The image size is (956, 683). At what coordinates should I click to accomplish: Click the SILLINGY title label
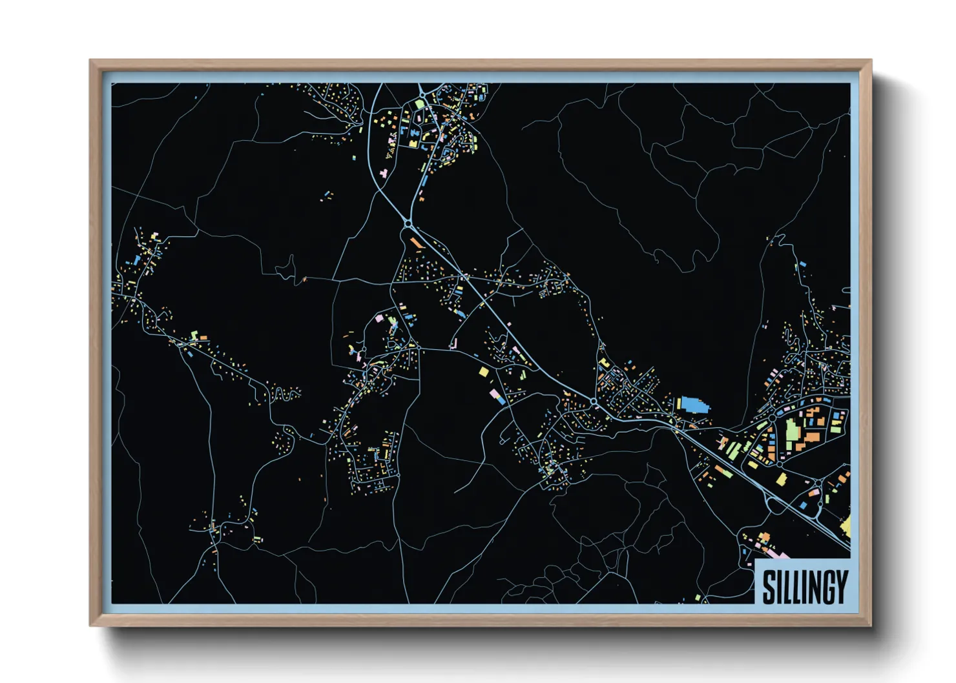pos(804,586)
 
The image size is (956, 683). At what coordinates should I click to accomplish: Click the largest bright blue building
pos(693,405)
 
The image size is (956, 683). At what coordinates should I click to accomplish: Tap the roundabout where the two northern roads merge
pos(408,224)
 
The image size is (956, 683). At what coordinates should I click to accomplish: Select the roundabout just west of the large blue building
pos(594,402)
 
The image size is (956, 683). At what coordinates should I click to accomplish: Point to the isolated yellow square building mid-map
pos(484,371)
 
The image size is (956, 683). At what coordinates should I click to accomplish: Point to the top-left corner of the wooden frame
pos(91,61)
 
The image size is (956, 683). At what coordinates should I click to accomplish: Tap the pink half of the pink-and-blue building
pos(495,394)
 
